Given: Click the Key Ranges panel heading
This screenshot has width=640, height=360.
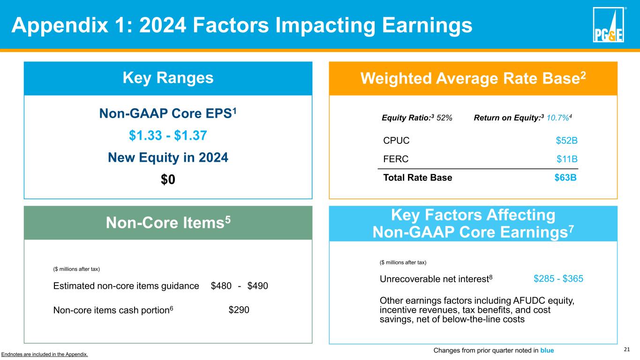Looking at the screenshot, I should click(x=168, y=78).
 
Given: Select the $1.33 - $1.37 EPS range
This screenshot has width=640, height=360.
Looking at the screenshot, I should click(x=168, y=135).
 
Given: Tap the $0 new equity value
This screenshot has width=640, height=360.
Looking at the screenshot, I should click(x=168, y=180).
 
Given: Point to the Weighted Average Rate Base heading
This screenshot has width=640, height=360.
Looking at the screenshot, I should click(x=473, y=78).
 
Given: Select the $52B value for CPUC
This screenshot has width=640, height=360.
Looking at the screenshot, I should click(x=566, y=140).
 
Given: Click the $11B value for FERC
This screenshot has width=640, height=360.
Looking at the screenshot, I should click(x=567, y=159).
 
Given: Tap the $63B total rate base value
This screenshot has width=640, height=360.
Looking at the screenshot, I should click(x=566, y=178).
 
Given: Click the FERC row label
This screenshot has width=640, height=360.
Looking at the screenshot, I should click(x=396, y=159).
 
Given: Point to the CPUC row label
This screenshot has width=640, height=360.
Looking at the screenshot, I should click(x=396, y=140).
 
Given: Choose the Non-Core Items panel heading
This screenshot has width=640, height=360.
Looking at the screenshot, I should click(x=168, y=223).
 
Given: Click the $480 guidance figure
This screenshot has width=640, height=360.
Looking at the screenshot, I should click(x=221, y=286).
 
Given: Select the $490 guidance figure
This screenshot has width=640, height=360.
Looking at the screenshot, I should click(x=257, y=286).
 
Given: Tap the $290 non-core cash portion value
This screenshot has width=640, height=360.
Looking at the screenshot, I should click(x=239, y=309).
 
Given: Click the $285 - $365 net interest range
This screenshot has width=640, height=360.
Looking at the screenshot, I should click(x=558, y=279).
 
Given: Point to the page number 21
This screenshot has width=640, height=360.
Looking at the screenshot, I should click(x=627, y=349).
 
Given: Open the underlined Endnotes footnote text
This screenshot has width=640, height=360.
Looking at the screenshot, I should click(x=45, y=354).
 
